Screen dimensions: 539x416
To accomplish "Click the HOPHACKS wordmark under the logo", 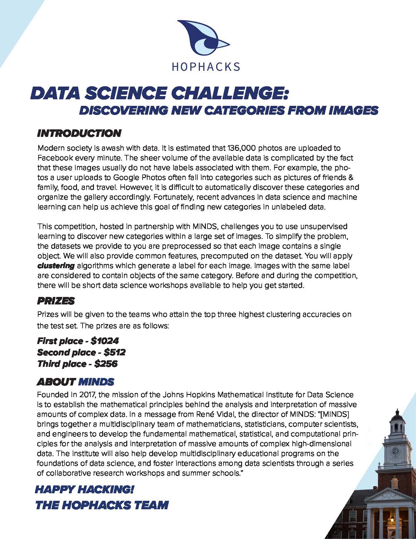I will click(206, 67).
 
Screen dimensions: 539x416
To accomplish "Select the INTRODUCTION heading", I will click(79, 133).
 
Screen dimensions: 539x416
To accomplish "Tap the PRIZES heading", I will click(56, 301).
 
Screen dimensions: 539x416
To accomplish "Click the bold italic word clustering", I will click(56, 266).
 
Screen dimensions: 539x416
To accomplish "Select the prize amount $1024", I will click(105, 341).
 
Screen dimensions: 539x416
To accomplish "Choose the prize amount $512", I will click(115, 352).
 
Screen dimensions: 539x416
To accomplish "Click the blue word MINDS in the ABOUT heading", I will click(96, 382).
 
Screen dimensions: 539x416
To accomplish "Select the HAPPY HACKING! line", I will click(85, 489).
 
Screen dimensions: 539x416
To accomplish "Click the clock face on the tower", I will click(395, 451).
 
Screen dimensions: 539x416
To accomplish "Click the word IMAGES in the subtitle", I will click(353, 110).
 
